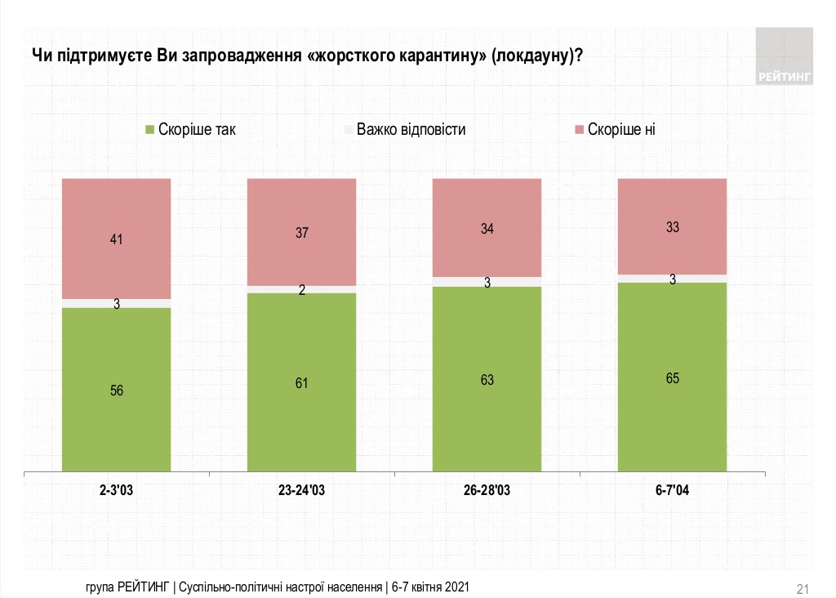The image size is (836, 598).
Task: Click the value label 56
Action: click(117, 390)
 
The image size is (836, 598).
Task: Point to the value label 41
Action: click(117, 240)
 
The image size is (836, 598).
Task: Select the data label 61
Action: click(301, 382)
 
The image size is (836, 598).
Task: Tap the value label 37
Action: click(301, 233)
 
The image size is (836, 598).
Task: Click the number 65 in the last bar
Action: click(672, 378)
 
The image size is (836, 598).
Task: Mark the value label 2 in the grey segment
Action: click(301, 290)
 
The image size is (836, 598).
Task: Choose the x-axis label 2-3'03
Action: click(117, 491)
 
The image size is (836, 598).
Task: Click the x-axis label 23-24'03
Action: click(301, 491)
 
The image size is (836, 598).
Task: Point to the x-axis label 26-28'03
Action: click(487, 491)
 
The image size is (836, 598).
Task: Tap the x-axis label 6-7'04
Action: click(672, 491)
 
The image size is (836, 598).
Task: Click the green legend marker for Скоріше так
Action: click(149, 129)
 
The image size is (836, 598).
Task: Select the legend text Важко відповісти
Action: click(411, 129)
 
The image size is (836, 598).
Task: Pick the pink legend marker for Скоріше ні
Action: click(580, 129)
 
